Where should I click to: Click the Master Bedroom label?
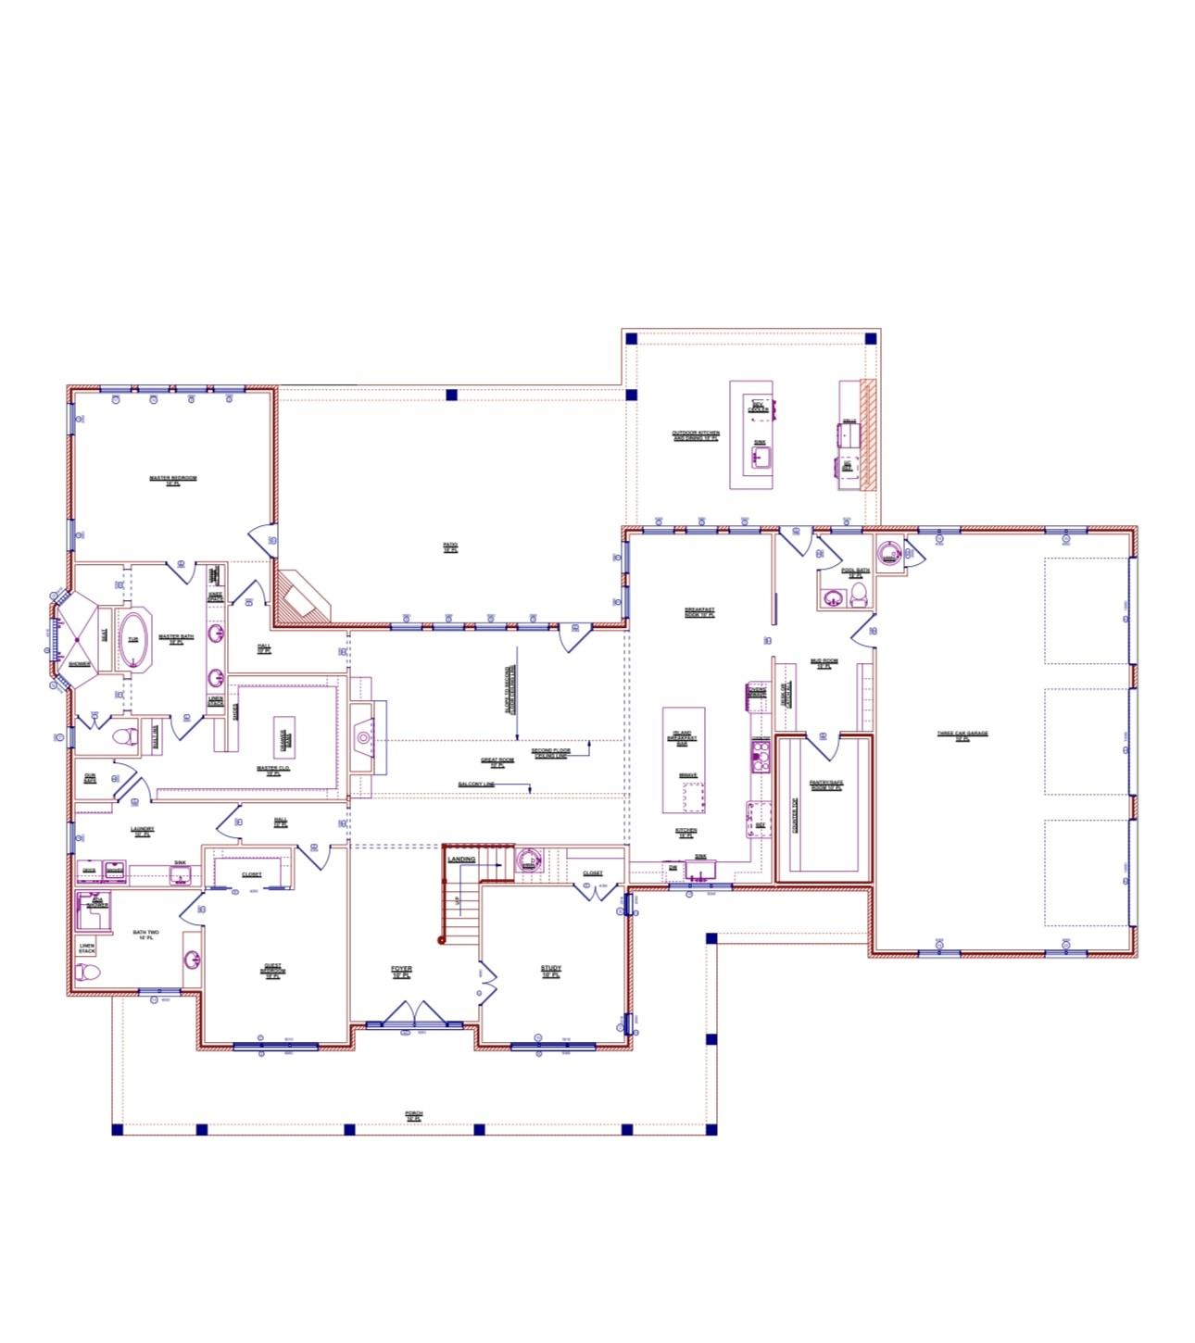click(x=173, y=480)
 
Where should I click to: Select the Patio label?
click(x=450, y=546)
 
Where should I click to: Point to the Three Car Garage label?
click(x=962, y=734)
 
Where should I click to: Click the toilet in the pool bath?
click(x=858, y=595)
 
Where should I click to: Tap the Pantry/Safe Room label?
click(x=826, y=784)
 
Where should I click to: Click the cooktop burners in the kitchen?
click(x=761, y=756)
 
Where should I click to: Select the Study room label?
click(x=551, y=971)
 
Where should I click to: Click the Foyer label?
click(x=401, y=971)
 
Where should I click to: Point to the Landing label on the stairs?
click(x=461, y=859)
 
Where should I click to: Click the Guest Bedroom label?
click(x=272, y=971)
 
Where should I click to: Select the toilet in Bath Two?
click(x=88, y=973)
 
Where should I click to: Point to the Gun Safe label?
click(x=90, y=778)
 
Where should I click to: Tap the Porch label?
click(x=414, y=1114)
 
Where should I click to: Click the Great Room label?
click(x=497, y=761)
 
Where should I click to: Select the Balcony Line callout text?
click(x=476, y=784)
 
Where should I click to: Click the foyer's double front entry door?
click(x=414, y=1014)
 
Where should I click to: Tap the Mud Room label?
click(x=824, y=662)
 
